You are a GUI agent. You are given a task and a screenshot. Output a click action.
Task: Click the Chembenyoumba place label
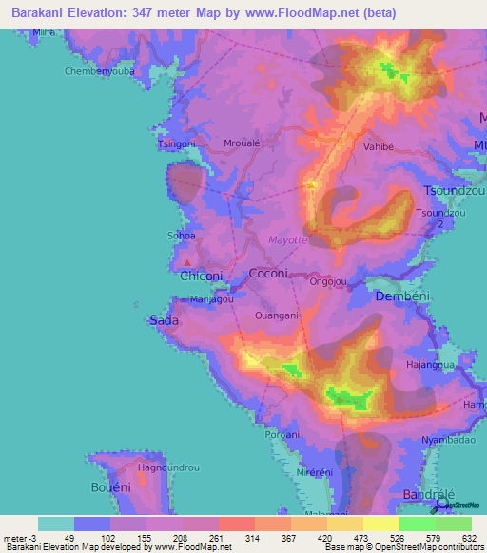pyautogui.click(x=100, y=71)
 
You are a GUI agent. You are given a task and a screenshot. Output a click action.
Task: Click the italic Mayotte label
pyautogui.click(x=289, y=240)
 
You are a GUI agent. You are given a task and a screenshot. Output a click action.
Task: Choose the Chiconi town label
pyautogui.click(x=201, y=276)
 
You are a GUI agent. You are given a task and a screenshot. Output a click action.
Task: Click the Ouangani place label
pyautogui.click(x=278, y=315)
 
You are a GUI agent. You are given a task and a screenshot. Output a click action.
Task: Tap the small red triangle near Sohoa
pyautogui.click(x=188, y=263)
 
